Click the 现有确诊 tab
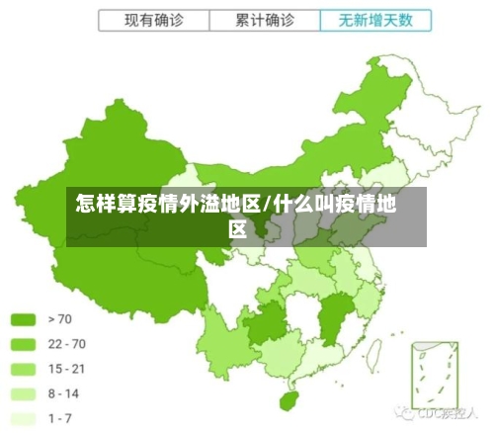[154, 20]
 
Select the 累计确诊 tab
[265, 20]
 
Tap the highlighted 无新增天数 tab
[375, 20]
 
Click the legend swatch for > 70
[23, 319]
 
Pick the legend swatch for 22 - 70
[23, 344]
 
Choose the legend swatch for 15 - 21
[23, 369]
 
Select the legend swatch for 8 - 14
[23, 393]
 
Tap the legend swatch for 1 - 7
[23, 418]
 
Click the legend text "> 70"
[60, 319]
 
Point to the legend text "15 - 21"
[66, 369]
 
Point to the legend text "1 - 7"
[60, 418]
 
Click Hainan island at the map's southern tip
[289, 400]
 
